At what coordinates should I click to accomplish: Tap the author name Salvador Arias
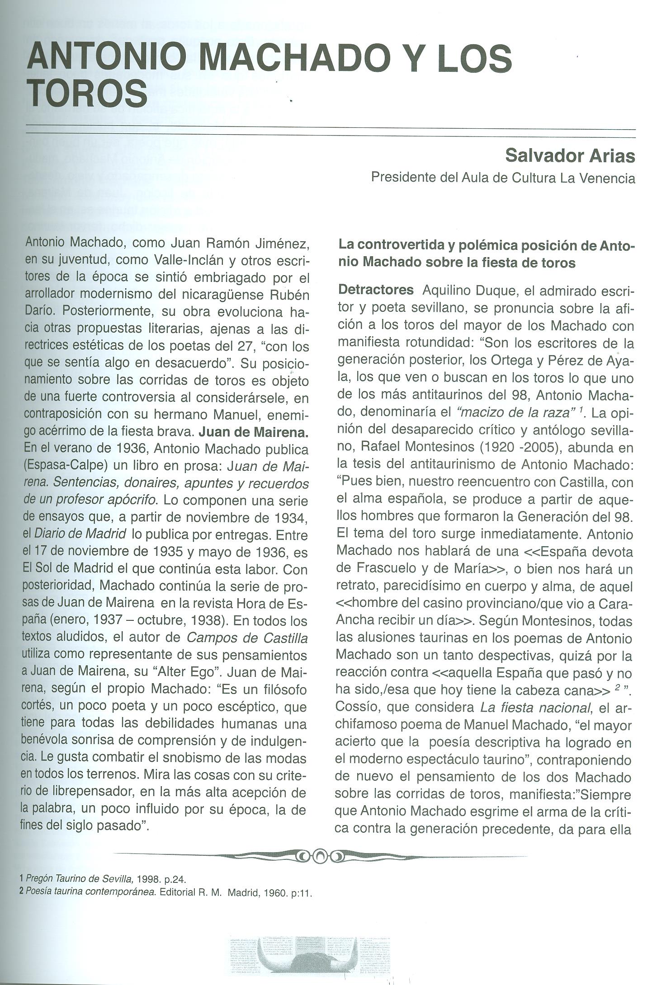point(570,155)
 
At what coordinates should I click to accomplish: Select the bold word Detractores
point(376,290)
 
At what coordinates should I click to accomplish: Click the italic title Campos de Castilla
point(247,638)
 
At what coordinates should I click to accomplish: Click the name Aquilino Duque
point(469,290)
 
